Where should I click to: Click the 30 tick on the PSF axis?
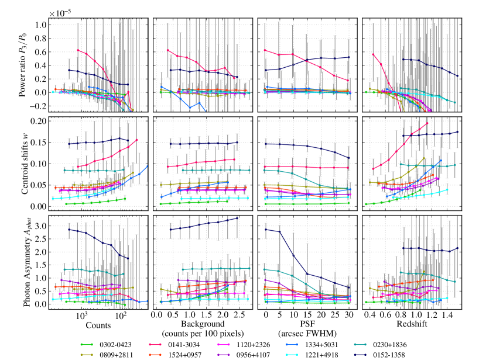click(x=349, y=315)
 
